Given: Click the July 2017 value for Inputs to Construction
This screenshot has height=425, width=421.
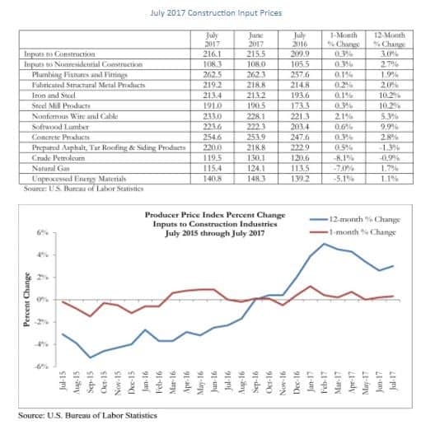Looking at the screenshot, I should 213,52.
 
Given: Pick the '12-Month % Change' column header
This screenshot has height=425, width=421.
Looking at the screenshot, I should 387,39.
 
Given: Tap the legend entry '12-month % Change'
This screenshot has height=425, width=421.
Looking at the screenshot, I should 370,218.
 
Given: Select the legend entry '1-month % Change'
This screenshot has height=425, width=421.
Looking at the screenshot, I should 370,232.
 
